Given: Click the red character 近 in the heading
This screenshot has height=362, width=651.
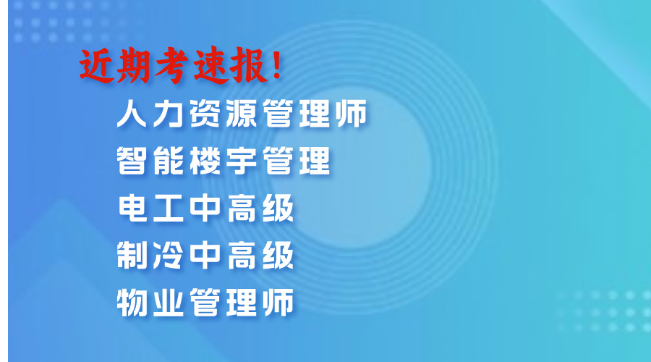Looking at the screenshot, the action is tap(97, 66).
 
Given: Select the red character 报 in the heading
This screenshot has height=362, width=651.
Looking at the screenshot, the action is tap(248, 66).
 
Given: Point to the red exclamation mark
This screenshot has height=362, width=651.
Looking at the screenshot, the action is tap(277, 64).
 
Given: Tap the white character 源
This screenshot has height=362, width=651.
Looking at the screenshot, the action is tap(242, 113).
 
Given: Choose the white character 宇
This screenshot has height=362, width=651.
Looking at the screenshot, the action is tap(242, 161).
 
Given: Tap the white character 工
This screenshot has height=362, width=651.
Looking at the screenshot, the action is tap(169, 208).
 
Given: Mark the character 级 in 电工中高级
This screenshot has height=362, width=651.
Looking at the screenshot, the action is tap(278, 208).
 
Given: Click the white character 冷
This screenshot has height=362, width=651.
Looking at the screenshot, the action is tap(169, 255).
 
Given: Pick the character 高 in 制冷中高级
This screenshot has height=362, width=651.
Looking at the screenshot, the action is tap(242, 255).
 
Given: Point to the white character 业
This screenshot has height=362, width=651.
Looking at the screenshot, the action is tap(169, 303).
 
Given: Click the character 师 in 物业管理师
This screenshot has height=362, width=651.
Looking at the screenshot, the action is tap(278, 303).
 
